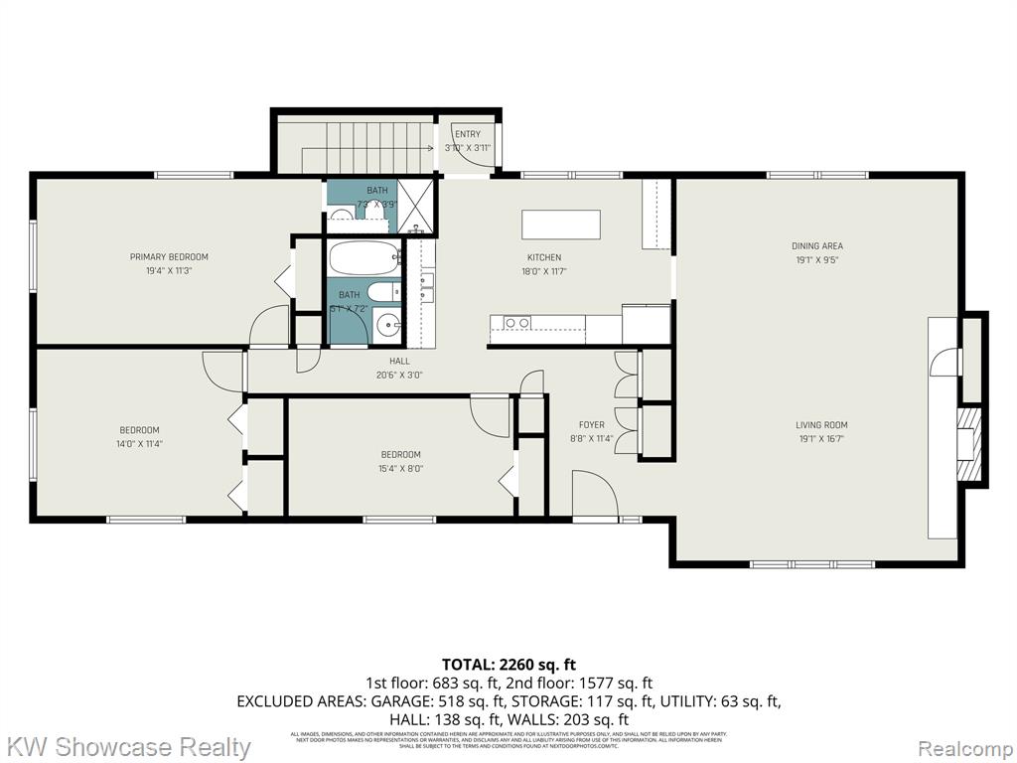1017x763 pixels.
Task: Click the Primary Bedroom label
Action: pos(169,256)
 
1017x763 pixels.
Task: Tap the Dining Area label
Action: pos(816,245)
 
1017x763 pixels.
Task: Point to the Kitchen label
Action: pos(543,257)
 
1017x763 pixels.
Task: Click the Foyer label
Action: pos(591,425)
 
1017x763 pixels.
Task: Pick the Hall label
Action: pos(399,361)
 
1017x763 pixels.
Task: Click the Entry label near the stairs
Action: pos(467,134)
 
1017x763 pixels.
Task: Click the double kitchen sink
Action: pos(516,322)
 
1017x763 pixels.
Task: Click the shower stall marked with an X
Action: pos(415,206)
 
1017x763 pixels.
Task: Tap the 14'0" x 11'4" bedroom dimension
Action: pos(139,444)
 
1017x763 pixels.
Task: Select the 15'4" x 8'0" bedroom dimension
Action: pos(400,468)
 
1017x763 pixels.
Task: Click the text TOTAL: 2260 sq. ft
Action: pos(508,665)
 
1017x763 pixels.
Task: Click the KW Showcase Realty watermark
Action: pos(128,746)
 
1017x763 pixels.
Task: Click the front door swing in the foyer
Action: pos(593,494)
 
